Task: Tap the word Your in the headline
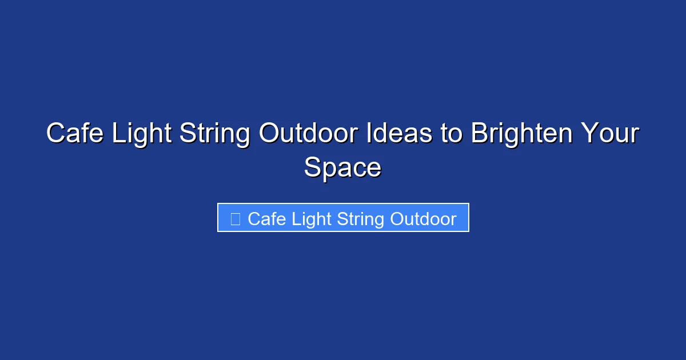tap(610, 134)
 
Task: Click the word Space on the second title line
tap(342, 168)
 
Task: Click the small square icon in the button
tap(235, 219)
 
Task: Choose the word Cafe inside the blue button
tap(267, 219)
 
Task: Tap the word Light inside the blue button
tap(313, 219)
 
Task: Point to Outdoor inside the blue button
tap(424, 219)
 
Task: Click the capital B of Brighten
tap(478, 134)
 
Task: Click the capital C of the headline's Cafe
tap(55, 134)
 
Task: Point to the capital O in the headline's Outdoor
tap(270, 134)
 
